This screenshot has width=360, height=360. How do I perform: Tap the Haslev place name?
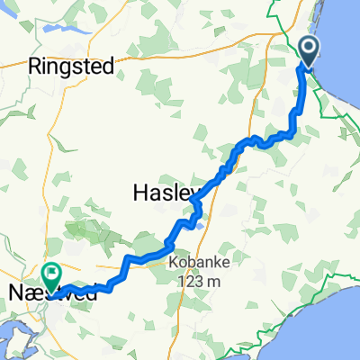click(162, 192)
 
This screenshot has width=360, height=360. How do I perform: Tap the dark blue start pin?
click(308, 52)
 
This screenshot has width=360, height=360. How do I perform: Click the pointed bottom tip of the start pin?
click(308, 68)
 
